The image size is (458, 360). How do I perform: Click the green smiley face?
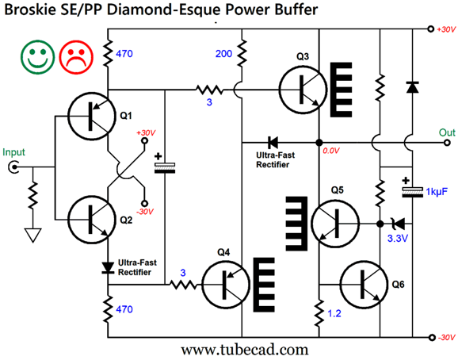[x=38, y=57]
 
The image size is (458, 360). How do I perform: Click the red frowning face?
[x=76, y=57]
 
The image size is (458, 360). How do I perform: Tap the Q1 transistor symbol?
[x=91, y=116]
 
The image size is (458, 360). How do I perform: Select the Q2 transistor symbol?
[x=91, y=219]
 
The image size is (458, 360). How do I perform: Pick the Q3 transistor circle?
[x=303, y=90]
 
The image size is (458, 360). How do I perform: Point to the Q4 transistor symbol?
[x=226, y=285]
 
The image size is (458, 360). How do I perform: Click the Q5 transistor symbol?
[x=335, y=224]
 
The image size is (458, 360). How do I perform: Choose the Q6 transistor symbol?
[x=364, y=285]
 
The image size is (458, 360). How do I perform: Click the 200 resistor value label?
[x=223, y=54]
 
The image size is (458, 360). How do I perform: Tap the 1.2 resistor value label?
[x=334, y=313]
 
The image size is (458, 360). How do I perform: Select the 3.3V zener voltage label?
[x=398, y=239]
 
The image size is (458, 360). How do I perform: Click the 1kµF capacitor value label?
[x=437, y=192]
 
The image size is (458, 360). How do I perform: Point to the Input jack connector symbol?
[x=13, y=167]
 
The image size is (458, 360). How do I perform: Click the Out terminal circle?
[x=447, y=143]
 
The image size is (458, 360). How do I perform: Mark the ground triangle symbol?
[x=32, y=236]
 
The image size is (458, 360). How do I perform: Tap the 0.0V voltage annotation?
[x=331, y=151]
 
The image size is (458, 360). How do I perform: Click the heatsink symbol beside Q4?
[x=264, y=285]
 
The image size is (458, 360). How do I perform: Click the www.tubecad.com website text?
[x=245, y=350]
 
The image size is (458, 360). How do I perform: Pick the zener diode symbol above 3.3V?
[x=399, y=224]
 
